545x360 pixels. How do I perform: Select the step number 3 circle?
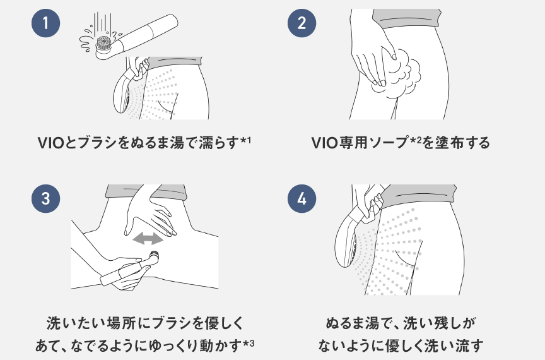tap(45, 198)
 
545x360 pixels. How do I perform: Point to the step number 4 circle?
tap(302, 198)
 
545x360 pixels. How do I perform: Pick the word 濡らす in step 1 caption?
tap(218, 143)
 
